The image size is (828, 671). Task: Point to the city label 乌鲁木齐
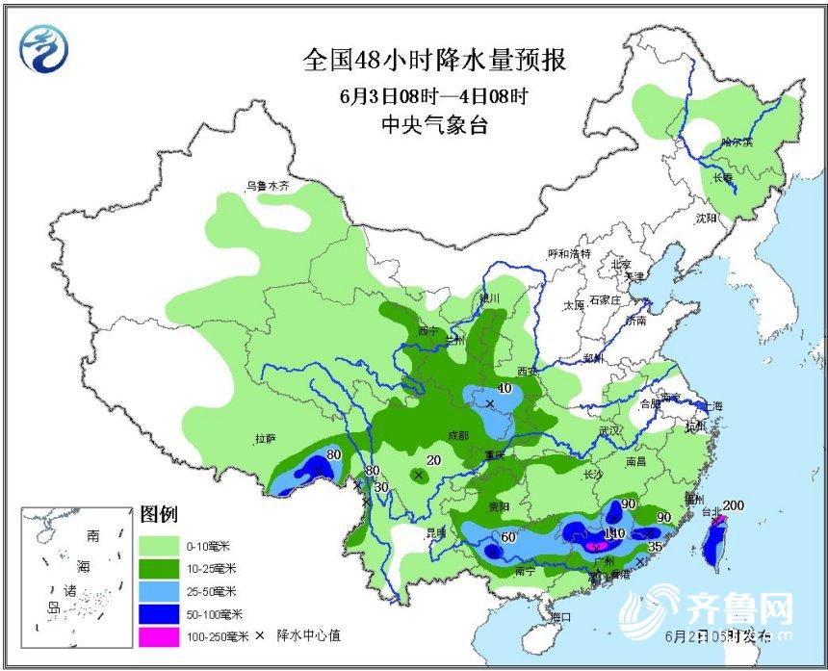268,185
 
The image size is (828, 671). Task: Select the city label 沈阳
707,219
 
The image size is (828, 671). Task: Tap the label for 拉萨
266,439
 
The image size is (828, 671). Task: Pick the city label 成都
446,435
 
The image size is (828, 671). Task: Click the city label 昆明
436,531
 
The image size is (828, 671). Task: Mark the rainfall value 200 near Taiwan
734,505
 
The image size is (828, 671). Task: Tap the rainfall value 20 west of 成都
434,461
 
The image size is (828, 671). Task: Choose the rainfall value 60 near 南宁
509,537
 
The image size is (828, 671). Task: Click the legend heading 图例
158,515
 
